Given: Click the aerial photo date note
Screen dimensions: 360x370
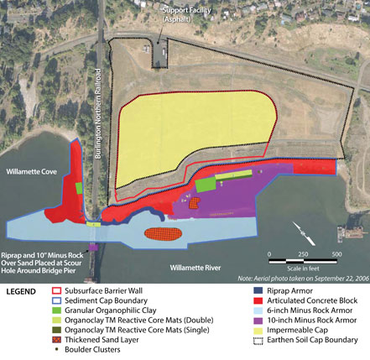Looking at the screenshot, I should point(302,278).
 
